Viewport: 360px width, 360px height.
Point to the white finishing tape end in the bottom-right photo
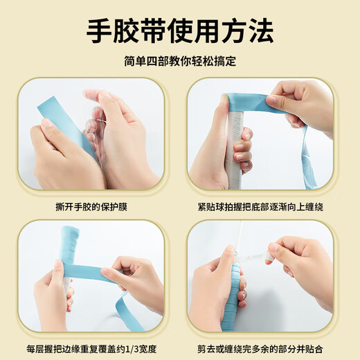tap(280, 249)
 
